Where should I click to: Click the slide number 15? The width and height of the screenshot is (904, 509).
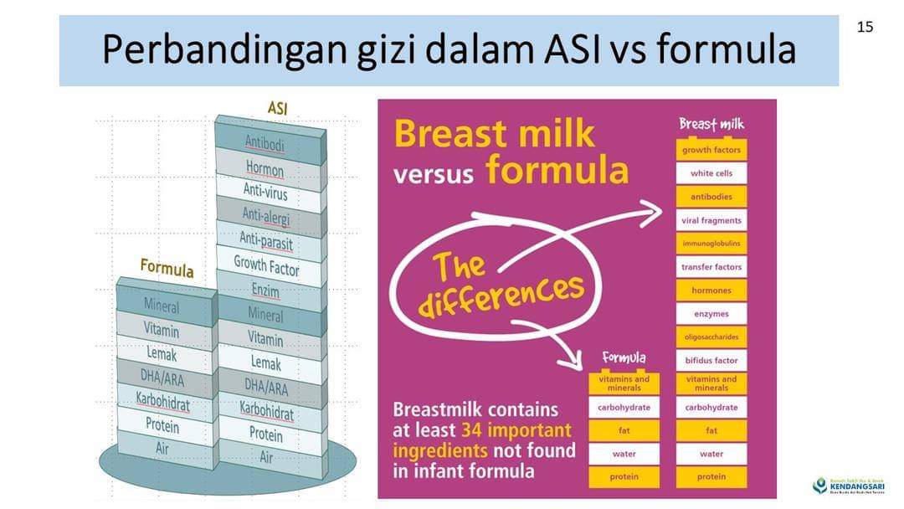click(865, 27)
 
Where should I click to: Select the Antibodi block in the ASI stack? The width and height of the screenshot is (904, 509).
click(265, 143)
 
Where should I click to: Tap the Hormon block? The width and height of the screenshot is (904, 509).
click(265, 169)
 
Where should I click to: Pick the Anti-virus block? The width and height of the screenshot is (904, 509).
click(265, 192)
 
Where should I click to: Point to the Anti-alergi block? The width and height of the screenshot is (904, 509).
click(265, 216)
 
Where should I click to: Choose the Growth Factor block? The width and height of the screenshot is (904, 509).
click(266, 265)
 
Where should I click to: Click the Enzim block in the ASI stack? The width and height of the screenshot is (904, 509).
click(265, 290)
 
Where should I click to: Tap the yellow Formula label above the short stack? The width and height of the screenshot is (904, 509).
click(167, 270)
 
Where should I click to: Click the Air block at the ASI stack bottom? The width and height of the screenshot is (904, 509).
click(266, 457)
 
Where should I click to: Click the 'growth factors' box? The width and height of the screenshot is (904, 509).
click(711, 150)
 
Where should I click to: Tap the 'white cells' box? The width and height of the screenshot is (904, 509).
click(711, 173)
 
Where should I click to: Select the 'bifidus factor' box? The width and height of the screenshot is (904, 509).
click(711, 360)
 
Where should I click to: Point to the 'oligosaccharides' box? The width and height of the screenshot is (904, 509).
click(711, 337)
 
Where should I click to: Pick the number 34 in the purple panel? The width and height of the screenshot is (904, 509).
click(474, 430)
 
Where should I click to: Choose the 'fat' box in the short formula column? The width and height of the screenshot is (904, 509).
click(624, 430)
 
